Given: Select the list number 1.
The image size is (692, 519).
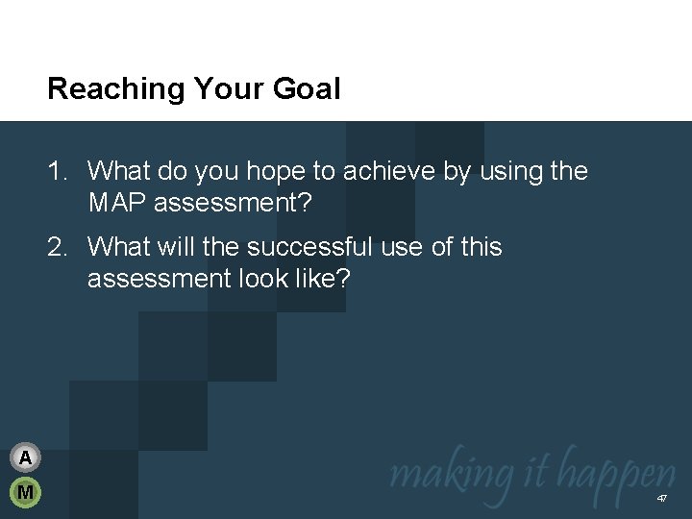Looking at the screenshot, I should [x=57, y=172].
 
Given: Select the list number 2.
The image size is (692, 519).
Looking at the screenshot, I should [x=57, y=248].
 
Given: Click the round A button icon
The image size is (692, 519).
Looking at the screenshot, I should [x=26, y=457].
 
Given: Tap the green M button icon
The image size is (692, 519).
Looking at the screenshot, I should [x=26, y=493].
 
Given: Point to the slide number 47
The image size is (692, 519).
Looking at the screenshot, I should [x=662, y=499].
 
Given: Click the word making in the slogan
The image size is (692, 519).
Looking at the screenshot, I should [x=437, y=474].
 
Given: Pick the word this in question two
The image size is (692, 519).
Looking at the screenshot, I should [x=481, y=248].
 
